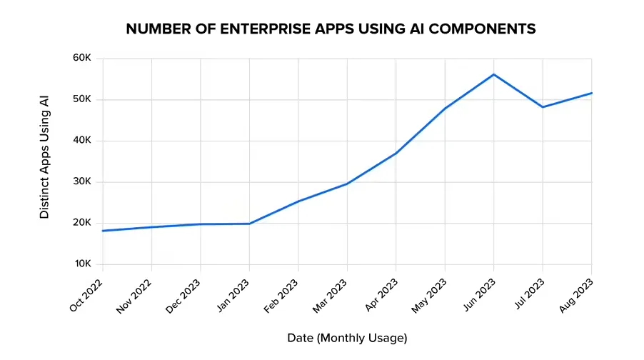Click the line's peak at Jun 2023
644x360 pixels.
[x=493, y=74]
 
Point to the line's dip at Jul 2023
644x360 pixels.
[x=543, y=107]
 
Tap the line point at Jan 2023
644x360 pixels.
[x=249, y=224]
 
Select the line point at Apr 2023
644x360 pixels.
[x=396, y=153]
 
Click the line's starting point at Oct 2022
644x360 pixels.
[x=103, y=231]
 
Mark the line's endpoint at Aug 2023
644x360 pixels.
[x=591, y=93]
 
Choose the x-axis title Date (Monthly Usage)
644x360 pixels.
[x=347, y=337]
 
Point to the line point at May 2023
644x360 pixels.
[x=445, y=109]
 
